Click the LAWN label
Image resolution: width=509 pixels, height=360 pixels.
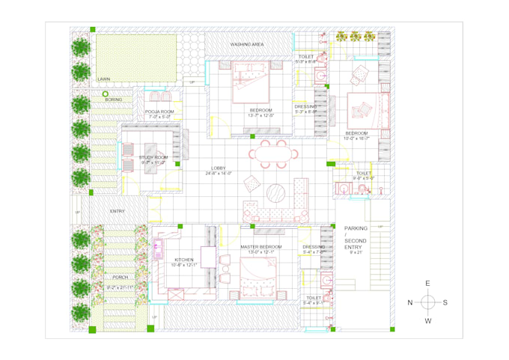(x=103, y=79)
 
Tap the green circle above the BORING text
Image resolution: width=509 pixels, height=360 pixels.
(x=106, y=94)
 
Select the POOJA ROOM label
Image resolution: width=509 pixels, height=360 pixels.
(x=159, y=112)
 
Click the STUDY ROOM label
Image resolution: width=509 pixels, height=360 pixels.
(x=153, y=157)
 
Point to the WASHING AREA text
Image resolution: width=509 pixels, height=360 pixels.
(x=246, y=45)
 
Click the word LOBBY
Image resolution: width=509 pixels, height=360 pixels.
(x=219, y=168)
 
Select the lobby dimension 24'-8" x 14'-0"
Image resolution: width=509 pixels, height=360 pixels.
(x=219, y=174)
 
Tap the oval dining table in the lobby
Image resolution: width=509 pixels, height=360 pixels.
(x=272, y=154)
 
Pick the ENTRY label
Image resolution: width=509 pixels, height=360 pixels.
(x=118, y=212)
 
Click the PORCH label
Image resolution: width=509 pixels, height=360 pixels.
(x=120, y=277)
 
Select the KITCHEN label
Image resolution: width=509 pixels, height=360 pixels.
(x=183, y=260)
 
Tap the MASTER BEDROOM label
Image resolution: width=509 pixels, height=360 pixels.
(x=261, y=246)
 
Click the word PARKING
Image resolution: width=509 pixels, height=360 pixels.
(x=356, y=228)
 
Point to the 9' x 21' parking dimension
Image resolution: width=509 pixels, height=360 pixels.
(x=356, y=252)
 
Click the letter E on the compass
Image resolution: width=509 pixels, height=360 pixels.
(x=427, y=283)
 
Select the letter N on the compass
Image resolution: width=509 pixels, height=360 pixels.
(x=409, y=302)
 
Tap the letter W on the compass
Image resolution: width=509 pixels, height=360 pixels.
(x=427, y=321)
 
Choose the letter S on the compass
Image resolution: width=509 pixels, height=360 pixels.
(x=445, y=302)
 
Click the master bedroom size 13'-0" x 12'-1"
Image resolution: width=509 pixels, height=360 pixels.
(x=261, y=252)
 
